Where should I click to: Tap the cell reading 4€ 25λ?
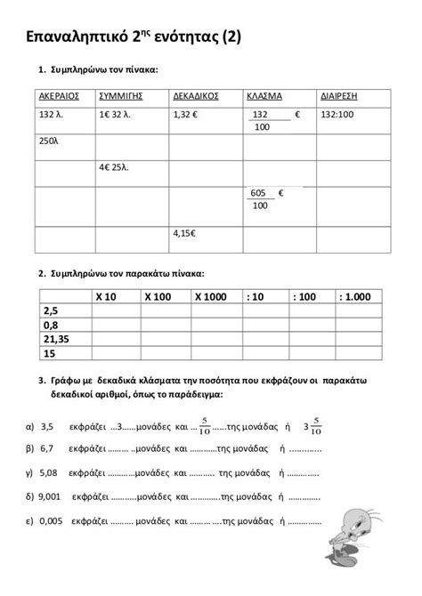(x=118, y=165)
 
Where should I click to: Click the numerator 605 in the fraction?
(x=259, y=193)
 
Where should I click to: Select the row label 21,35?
(x=56, y=339)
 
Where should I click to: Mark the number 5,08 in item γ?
(x=49, y=473)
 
